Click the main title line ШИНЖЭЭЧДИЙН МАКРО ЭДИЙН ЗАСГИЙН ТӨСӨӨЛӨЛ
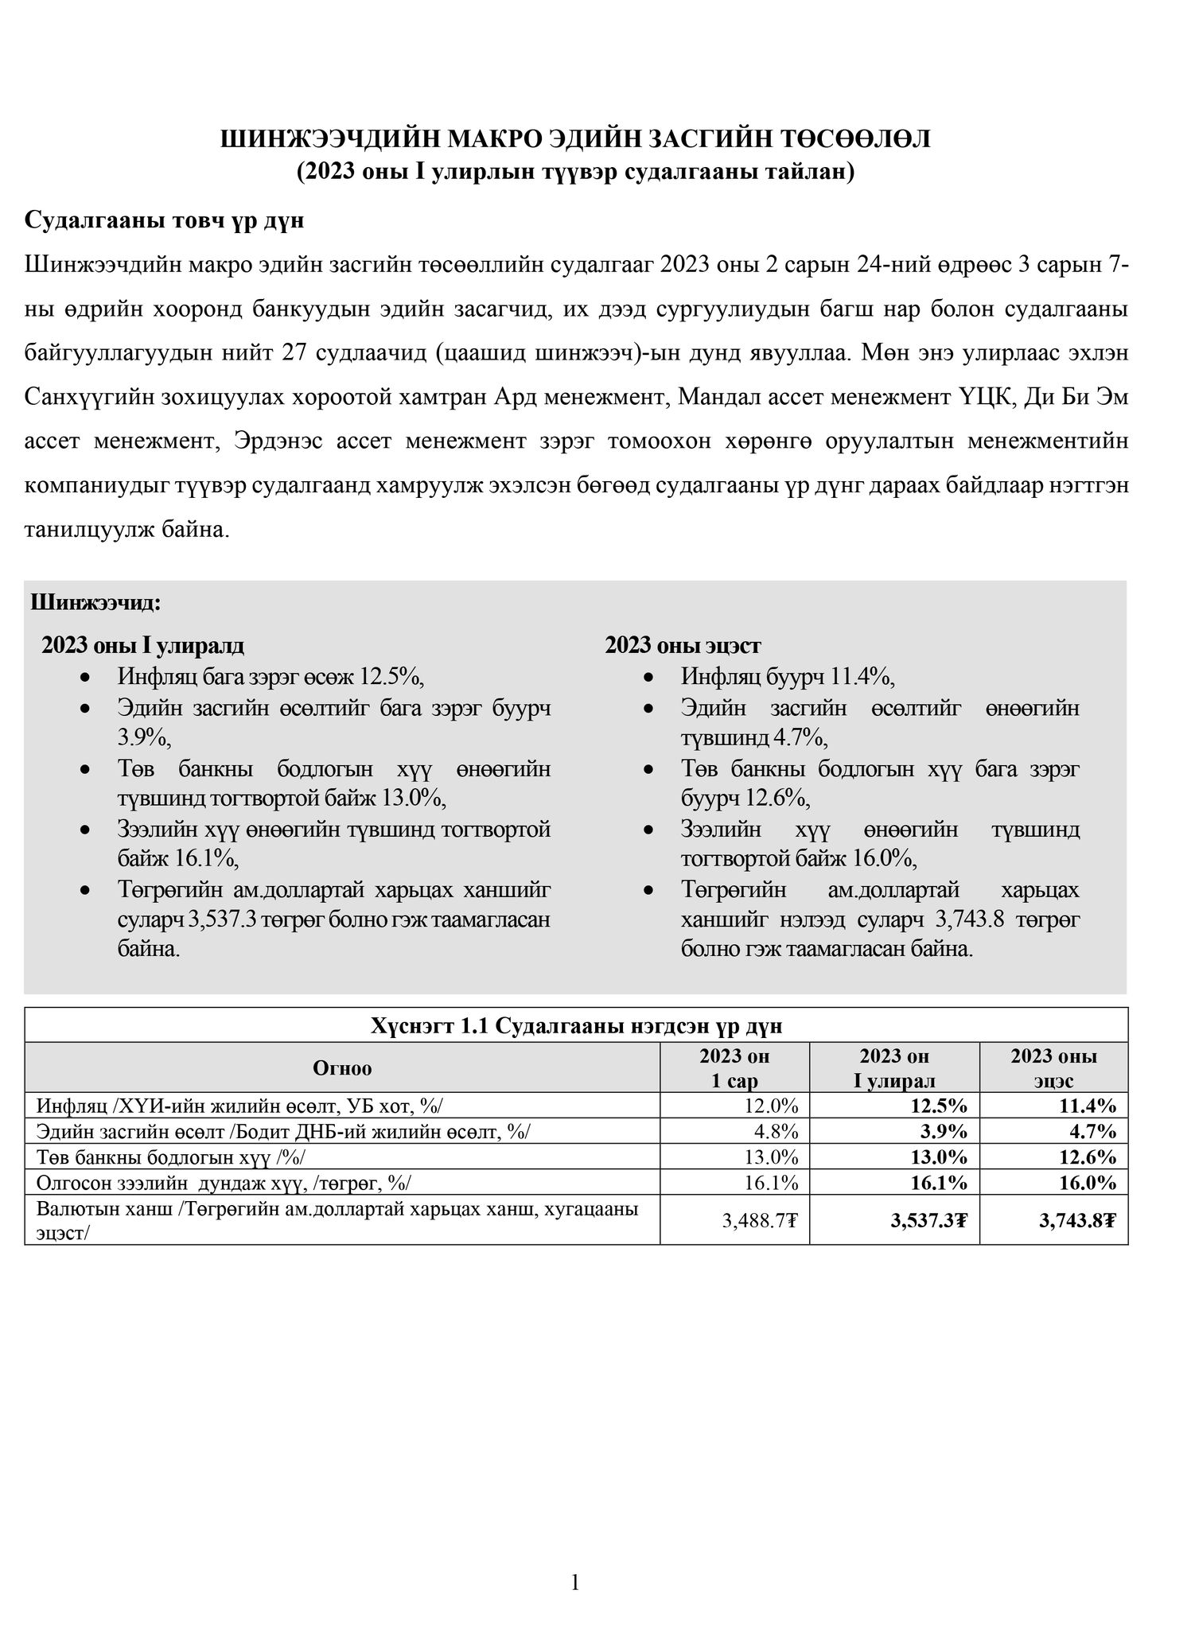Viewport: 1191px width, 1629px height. (575, 140)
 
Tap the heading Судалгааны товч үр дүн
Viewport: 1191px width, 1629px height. (165, 220)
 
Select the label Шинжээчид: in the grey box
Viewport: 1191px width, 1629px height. (95, 602)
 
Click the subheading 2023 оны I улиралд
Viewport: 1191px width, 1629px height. (143, 645)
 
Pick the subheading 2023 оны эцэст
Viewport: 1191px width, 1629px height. (683, 645)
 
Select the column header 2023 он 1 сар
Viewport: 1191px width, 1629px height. (734, 1068)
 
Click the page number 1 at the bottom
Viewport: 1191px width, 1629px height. (575, 1583)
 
